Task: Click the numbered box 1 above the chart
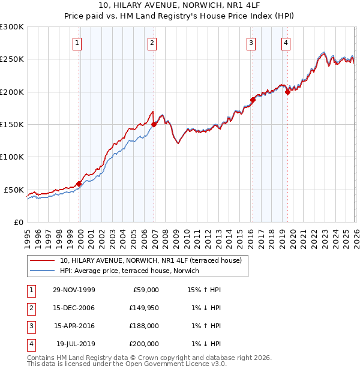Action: (79, 43)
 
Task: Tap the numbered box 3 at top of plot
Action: (251, 43)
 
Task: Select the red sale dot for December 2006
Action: (154, 125)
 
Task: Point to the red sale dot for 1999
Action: (79, 184)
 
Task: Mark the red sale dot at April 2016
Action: (253, 100)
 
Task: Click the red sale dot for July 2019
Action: (287, 92)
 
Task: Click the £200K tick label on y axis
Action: (12, 92)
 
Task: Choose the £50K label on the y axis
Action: (14, 190)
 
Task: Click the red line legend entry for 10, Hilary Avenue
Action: (150, 260)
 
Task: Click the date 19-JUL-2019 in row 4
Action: (74, 344)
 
